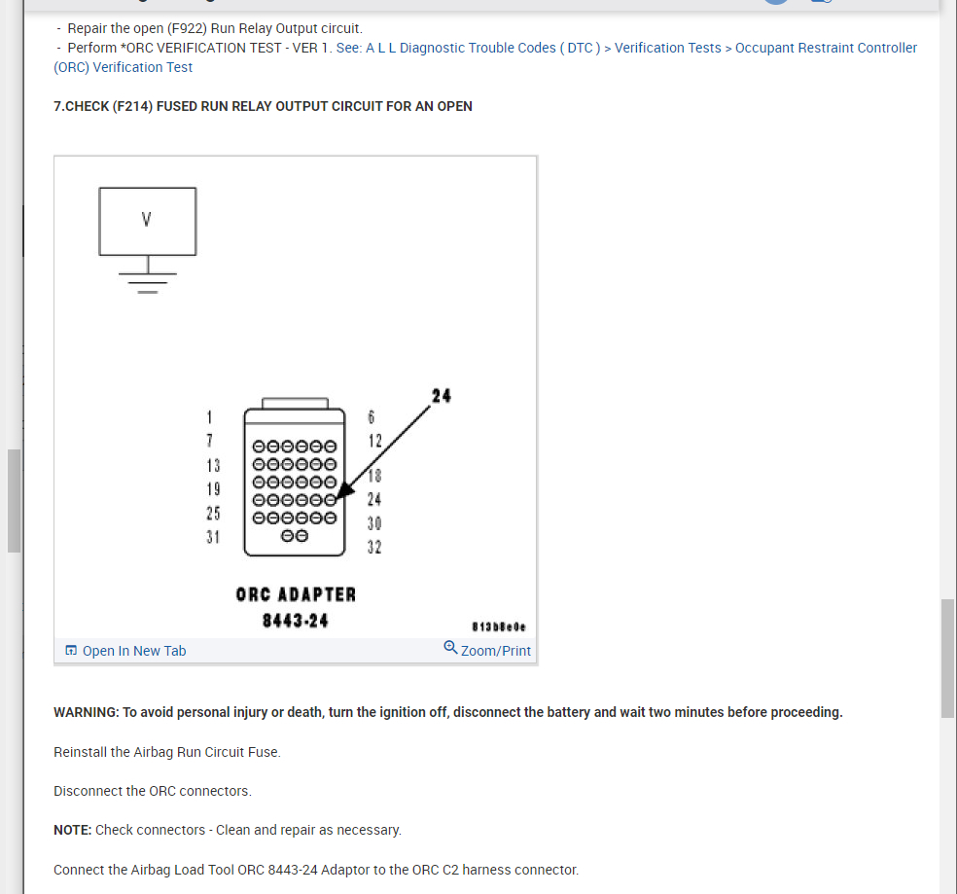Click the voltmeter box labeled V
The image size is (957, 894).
point(147,221)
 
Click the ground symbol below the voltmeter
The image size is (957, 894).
point(148,278)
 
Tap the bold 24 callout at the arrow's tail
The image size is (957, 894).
point(441,396)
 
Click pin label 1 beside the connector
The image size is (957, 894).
point(209,417)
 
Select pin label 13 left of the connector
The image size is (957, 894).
point(213,465)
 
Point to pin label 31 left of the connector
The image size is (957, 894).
point(213,536)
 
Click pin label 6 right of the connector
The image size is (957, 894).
point(371,417)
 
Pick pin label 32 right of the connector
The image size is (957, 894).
point(374,547)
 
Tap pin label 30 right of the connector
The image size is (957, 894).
point(374,523)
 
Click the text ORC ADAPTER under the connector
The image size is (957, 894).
point(296,593)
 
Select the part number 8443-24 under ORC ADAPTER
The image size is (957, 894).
point(296,620)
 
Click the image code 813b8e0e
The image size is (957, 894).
point(498,627)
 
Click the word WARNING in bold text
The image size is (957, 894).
point(86,712)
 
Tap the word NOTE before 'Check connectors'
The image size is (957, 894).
point(72,830)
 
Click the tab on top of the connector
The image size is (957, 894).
point(295,403)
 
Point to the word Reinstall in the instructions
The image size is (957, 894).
point(82,752)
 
